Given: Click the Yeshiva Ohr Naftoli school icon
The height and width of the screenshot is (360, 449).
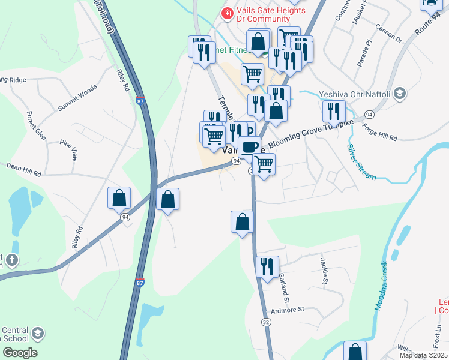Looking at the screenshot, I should (x=401, y=94).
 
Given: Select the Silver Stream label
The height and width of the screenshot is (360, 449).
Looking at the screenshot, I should (x=360, y=161).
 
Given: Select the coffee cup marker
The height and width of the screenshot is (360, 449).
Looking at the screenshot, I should (x=250, y=147).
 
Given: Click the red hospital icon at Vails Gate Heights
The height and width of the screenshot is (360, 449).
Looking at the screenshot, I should (x=227, y=13).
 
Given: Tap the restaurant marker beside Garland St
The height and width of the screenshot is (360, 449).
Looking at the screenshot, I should (x=267, y=266).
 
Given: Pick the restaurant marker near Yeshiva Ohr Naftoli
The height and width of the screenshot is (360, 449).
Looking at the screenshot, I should (x=333, y=111).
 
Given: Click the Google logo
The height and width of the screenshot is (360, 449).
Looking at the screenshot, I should (x=19, y=352).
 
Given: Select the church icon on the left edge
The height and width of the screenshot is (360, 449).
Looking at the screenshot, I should (x=11, y=260).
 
